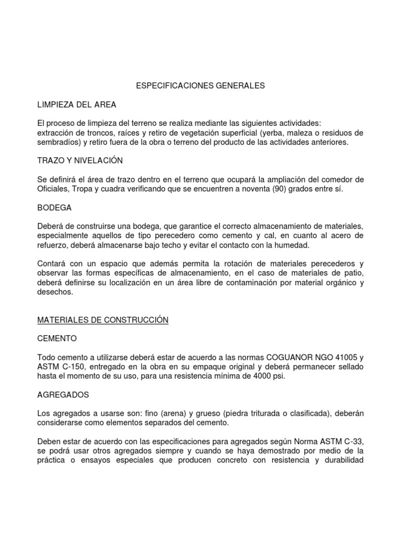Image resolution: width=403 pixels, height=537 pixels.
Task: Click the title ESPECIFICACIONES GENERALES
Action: coord(201,85)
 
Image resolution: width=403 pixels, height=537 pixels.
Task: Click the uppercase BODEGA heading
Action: coord(55,208)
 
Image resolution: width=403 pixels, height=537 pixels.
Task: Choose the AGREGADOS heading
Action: coord(63,395)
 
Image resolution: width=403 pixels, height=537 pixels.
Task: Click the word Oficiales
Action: coord(54,189)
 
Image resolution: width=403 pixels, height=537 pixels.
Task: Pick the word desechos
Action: coord(55,292)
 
